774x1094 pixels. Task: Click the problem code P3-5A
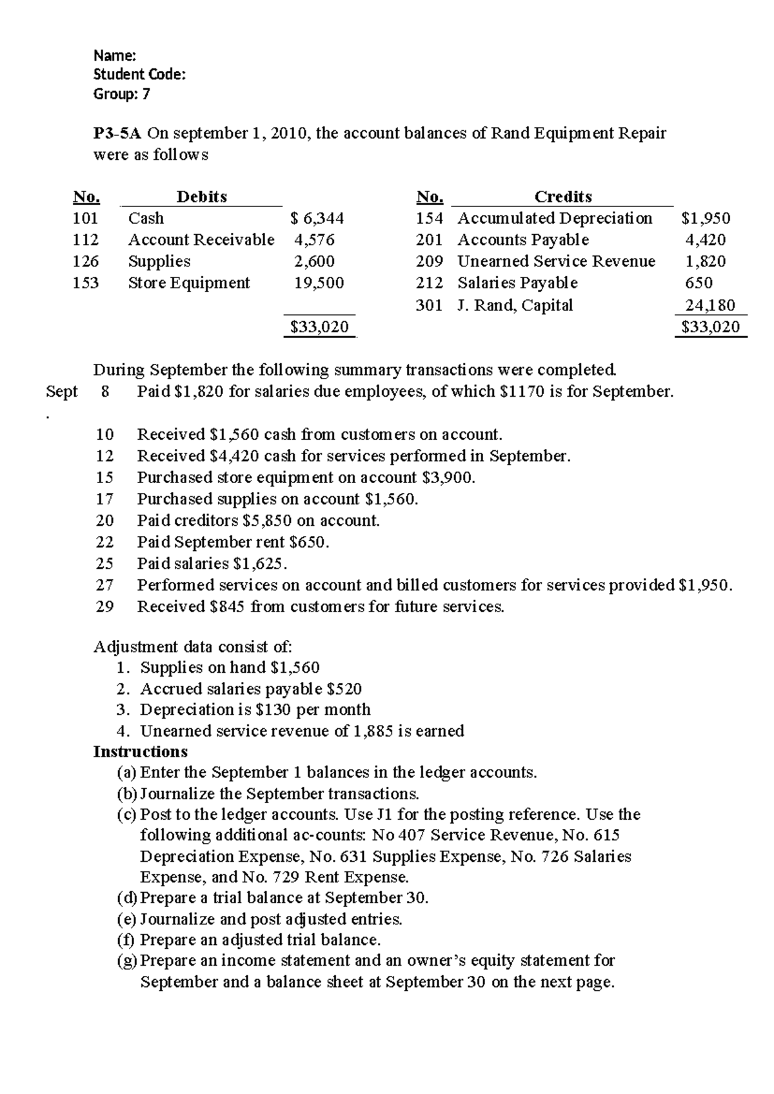[x=117, y=134]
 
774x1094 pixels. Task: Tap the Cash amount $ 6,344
[x=318, y=218]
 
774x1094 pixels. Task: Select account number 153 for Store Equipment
[x=86, y=283]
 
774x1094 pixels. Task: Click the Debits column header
[x=201, y=196]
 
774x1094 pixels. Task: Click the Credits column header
[x=562, y=196]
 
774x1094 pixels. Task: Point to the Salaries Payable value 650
[x=699, y=283]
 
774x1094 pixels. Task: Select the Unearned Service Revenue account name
[x=556, y=261]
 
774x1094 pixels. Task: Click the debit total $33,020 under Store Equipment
[x=319, y=327]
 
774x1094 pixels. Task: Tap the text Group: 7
[x=122, y=94]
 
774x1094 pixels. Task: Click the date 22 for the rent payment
[x=104, y=542]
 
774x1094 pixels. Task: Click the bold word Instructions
[x=141, y=751]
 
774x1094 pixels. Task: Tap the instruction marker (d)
[x=127, y=898]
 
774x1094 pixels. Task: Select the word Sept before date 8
[x=62, y=392]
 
